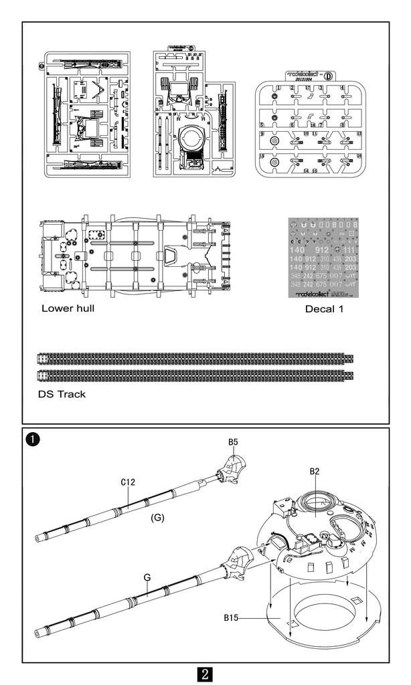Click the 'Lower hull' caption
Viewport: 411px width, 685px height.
[x=68, y=308]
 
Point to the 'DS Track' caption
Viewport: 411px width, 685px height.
[x=62, y=394]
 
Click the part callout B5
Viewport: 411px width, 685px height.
[x=234, y=442]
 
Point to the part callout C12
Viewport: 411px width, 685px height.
[x=129, y=482]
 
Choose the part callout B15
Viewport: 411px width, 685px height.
[x=234, y=617]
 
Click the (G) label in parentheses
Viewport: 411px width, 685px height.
[x=157, y=517]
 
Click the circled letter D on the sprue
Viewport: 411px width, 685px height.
[x=328, y=75]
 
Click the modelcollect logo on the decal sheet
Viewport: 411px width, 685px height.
[x=310, y=294]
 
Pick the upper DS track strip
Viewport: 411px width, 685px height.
[x=194, y=359]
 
